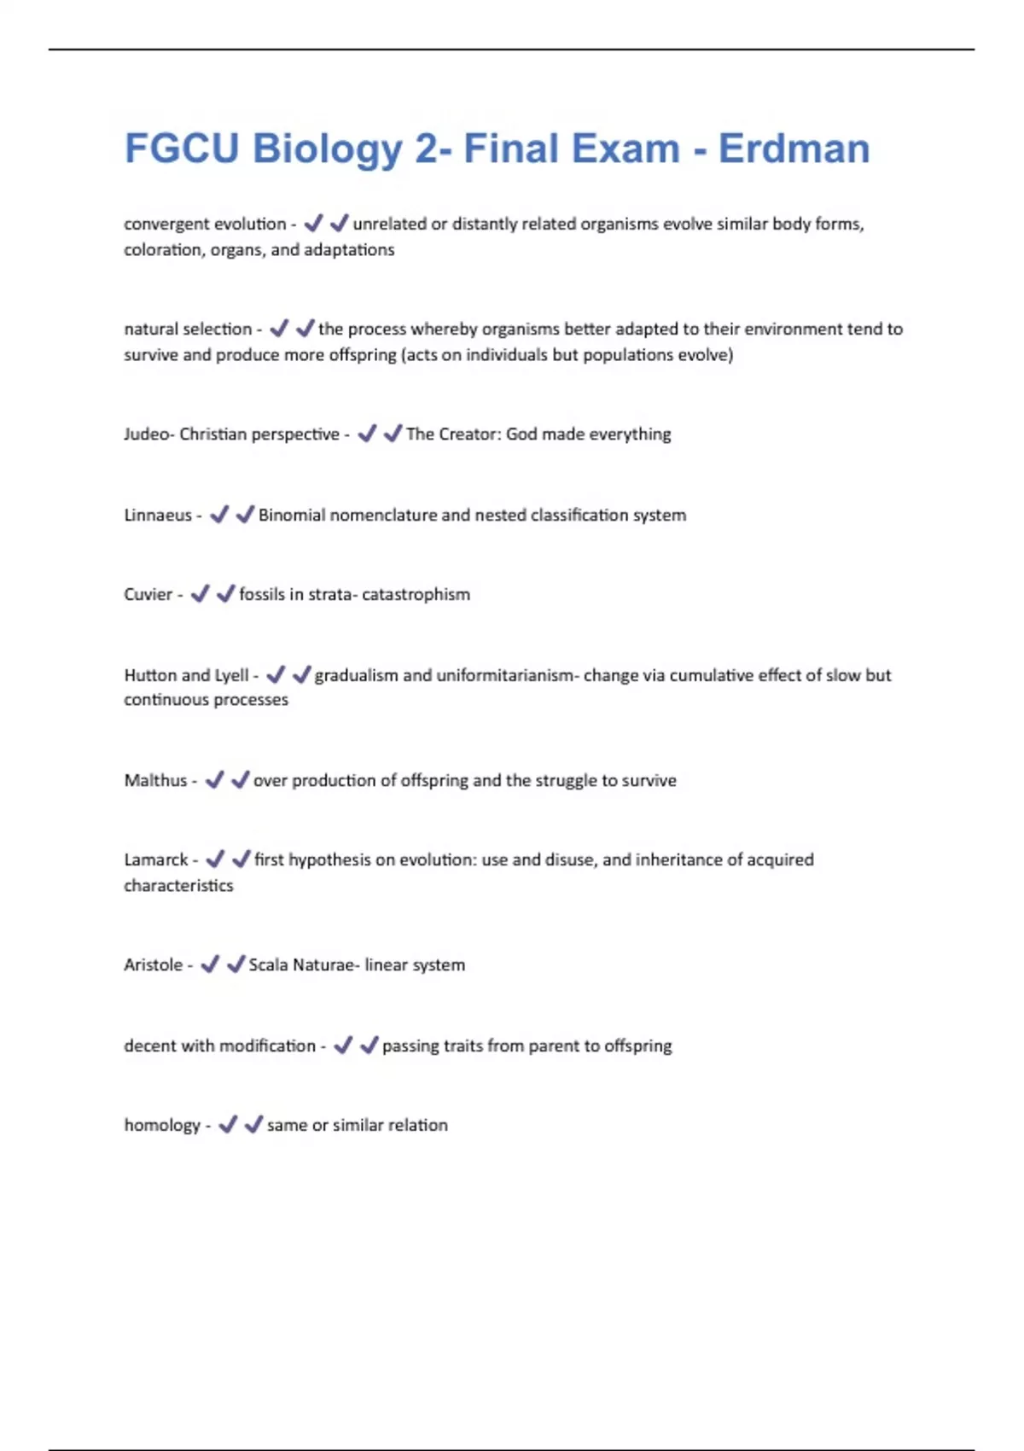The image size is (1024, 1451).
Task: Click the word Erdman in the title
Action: [x=794, y=149]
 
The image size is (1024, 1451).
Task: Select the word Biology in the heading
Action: [x=328, y=150]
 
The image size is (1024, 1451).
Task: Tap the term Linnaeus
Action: [x=158, y=516]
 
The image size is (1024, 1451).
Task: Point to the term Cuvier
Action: [x=148, y=595]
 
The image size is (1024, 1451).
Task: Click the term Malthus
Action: [x=155, y=781]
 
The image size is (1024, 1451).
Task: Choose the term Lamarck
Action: [x=155, y=860]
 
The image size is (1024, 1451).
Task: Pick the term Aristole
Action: [x=153, y=965]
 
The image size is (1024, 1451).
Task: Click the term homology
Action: [x=162, y=1126]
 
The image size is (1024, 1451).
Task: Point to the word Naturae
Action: [x=323, y=965]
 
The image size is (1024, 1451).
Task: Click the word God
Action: [x=521, y=434]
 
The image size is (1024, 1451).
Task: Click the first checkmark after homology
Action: [x=227, y=1125]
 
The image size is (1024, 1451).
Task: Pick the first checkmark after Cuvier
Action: [x=199, y=594]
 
